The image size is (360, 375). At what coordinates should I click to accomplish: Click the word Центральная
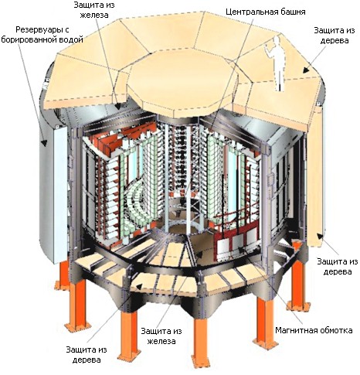(253, 12)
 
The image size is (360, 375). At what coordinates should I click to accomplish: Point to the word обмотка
(336, 330)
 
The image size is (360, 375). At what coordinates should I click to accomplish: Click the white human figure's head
(277, 40)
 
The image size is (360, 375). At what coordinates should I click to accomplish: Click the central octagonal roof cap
(181, 83)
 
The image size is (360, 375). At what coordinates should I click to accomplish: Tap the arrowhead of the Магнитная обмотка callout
(240, 249)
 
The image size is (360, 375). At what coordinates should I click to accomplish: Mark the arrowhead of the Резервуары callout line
(44, 142)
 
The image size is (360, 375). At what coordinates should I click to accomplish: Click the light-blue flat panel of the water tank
(61, 193)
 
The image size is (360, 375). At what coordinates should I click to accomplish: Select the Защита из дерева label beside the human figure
(334, 36)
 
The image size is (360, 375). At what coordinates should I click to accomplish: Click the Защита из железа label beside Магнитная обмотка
(161, 336)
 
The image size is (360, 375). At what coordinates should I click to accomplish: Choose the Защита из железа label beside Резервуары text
(94, 10)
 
